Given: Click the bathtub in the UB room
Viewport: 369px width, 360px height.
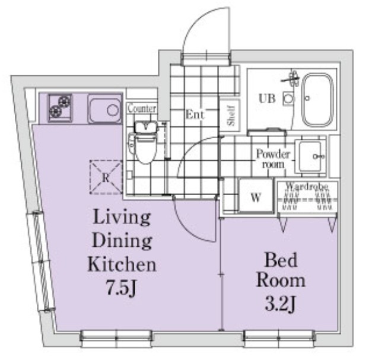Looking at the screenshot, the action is click(318, 100).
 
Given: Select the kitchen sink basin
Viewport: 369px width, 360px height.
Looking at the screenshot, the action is click(105, 109).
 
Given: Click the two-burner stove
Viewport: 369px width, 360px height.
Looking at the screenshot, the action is click(60, 108).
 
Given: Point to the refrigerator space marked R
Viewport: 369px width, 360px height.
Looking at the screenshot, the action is click(106, 177).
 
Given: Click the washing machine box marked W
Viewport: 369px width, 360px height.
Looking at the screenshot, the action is click(256, 196).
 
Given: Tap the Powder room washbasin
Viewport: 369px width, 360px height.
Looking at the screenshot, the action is click(310, 156).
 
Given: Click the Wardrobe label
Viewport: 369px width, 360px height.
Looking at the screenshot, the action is click(307, 187).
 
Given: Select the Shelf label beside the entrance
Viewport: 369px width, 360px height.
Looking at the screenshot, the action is click(231, 115).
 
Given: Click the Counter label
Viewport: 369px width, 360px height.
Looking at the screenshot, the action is click(142, 109).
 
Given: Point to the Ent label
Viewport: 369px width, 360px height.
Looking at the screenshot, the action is click(195, 114).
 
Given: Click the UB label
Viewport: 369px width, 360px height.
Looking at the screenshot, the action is click(267, 98).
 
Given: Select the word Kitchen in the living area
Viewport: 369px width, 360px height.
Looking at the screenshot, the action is click(122, 264).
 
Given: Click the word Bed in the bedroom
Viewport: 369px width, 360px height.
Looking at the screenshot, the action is click(281, 260).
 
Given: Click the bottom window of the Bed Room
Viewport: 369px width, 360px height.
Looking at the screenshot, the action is click(279, 339).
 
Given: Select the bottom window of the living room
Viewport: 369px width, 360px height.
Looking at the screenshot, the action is click(116, 339).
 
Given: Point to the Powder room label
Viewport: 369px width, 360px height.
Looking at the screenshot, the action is click(273, 158).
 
